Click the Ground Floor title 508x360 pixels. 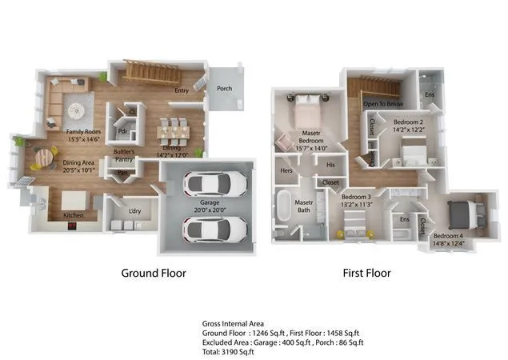click(x=154, y=273)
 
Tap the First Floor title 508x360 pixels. click(x=368, y=273)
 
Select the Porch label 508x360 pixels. click(x=225, y=89)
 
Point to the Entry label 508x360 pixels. click(x=182, y=90)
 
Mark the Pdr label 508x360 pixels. click(x=123, y=132)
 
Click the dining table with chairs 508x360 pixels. click(x=174, y=129)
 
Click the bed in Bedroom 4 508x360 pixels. click(x=462, y=212)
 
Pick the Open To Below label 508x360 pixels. click(x=383, y=104)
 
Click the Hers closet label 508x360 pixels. click(x=286, y=170)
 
